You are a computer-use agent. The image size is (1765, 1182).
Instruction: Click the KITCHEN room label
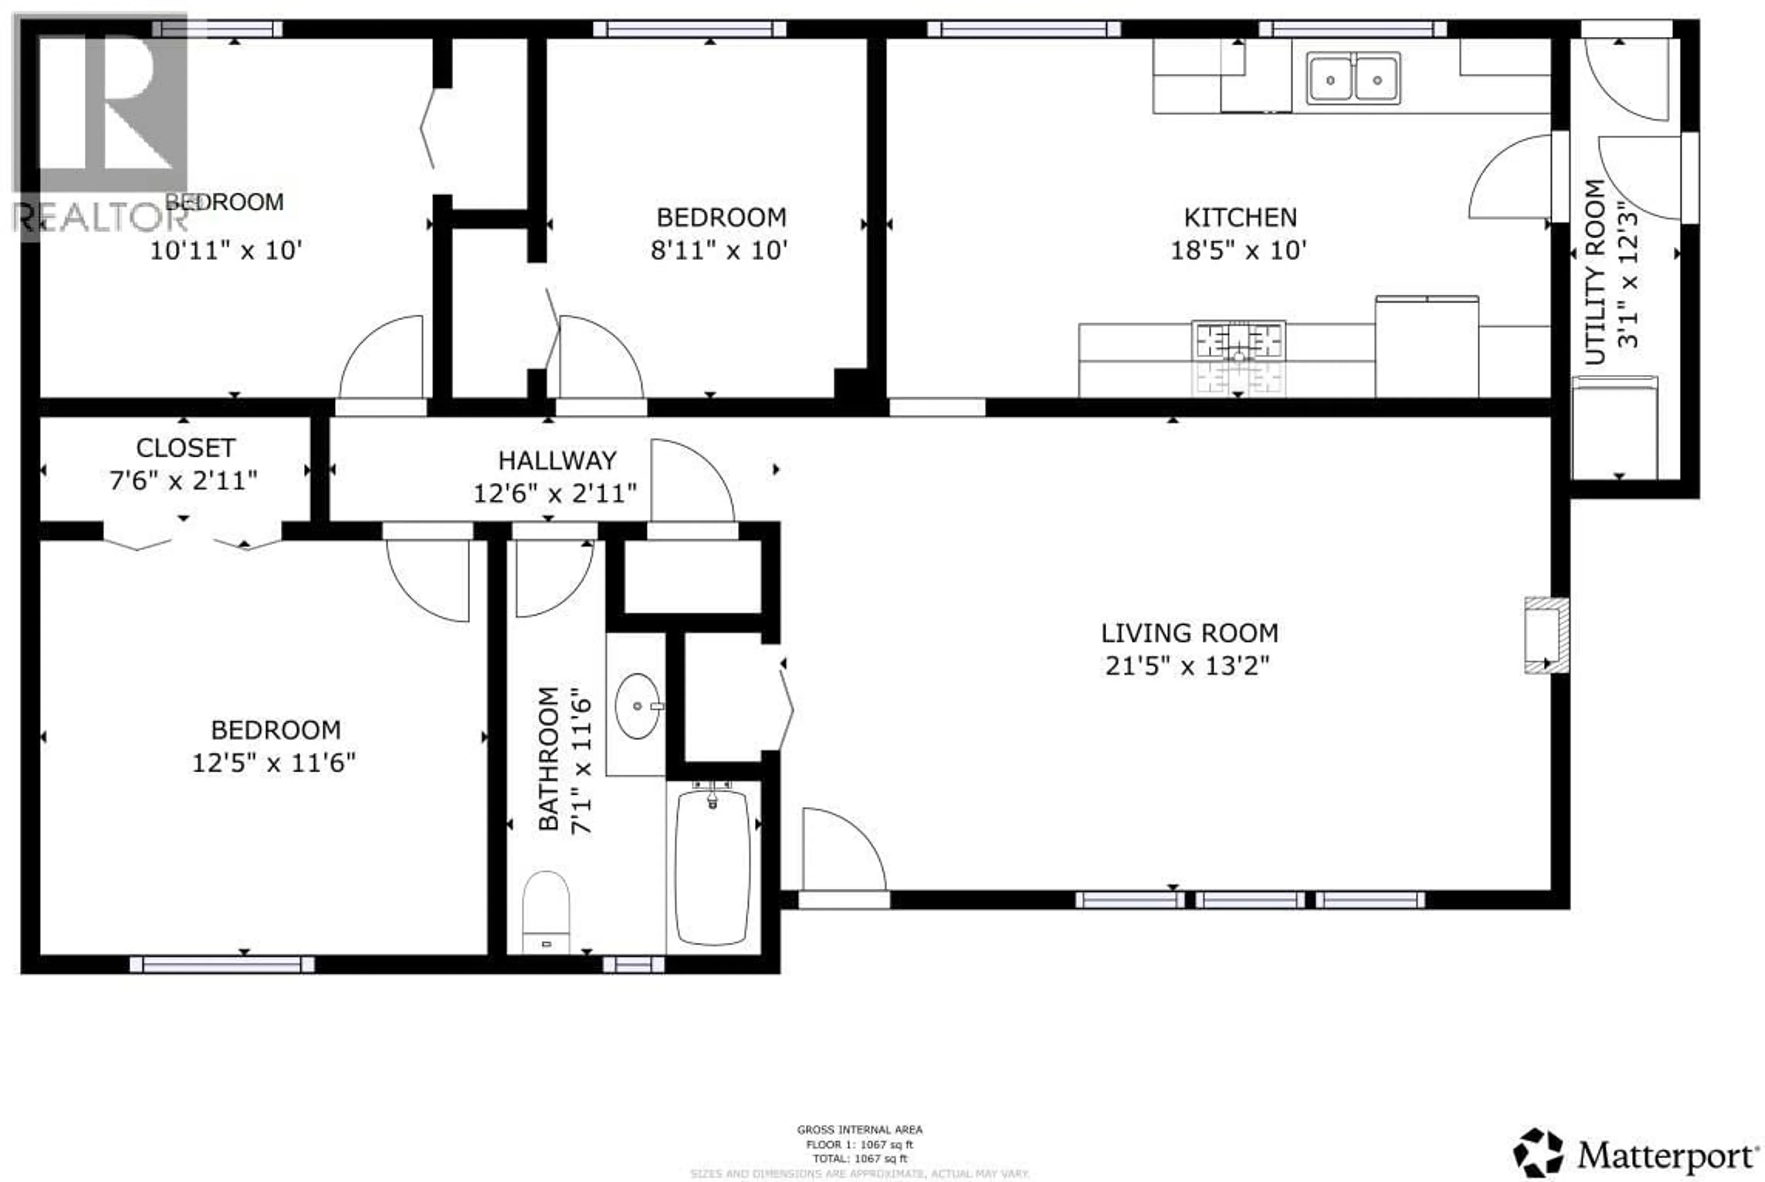(x=1240, y=218)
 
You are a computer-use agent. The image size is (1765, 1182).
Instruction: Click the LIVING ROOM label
(x=1190, y=633)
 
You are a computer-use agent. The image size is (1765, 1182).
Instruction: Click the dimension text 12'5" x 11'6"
(x=274, y=763)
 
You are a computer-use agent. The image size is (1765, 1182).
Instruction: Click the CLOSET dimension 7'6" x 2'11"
(x=183, y=480)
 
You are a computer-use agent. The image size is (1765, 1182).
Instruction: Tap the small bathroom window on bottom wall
(x=633, y=965)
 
